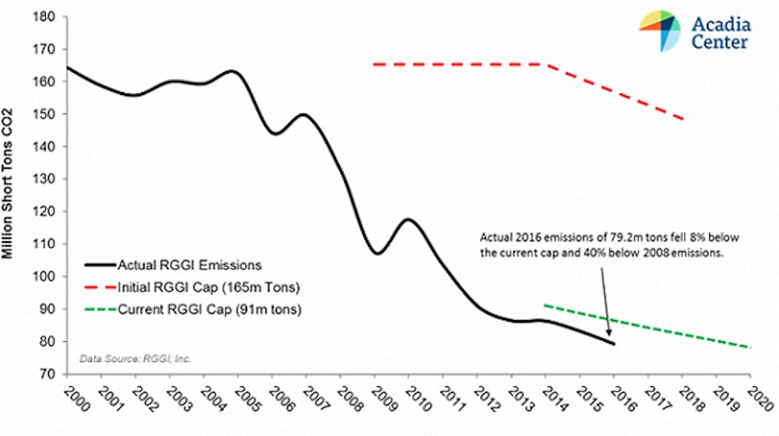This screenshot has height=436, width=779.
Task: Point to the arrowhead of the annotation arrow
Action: pyautogui.click(x=611, y=335)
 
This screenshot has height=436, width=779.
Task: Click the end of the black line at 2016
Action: pyautogui.click(x=614, y=343)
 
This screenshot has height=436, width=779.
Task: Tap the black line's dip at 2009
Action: pyautogui.click(x=377, y=253)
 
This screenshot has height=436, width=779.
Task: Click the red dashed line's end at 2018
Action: pyautogui.click(x=683, y=119)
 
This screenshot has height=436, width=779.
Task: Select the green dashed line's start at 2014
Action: pyautogui.click(x=545, y=305)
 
